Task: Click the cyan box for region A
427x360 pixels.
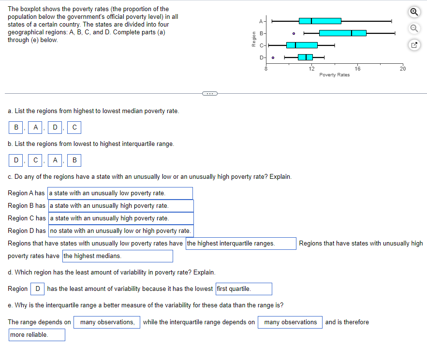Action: (x=320, y=21)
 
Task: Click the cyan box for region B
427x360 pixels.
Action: (x=342, y=33)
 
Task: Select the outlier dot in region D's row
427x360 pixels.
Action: (x=273, y=58)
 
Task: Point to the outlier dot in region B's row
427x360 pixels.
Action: (x=294, y=33)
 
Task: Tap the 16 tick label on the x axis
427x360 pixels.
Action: (x=357, y=69)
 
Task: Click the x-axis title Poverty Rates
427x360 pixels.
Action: (x=334, y=75)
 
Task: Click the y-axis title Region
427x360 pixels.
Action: (x=252, y=39)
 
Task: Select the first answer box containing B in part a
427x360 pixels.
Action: (x=16, y=128)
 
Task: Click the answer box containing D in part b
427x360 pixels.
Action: (x=16, y=160)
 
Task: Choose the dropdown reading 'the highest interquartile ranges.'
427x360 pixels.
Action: (x=241, y=244)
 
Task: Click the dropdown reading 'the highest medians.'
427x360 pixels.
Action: (x=117, y=256)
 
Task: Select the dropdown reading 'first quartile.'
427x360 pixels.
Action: (x=243, y=289)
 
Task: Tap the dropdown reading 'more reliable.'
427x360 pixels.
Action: (x=37, y=335)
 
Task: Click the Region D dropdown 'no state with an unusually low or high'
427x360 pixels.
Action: (x=121, y=231)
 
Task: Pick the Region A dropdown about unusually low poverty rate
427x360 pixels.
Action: (x=120, y=193)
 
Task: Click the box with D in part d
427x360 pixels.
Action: (x=38, y=289)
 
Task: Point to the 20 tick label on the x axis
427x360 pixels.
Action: (x=402, y=69)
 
